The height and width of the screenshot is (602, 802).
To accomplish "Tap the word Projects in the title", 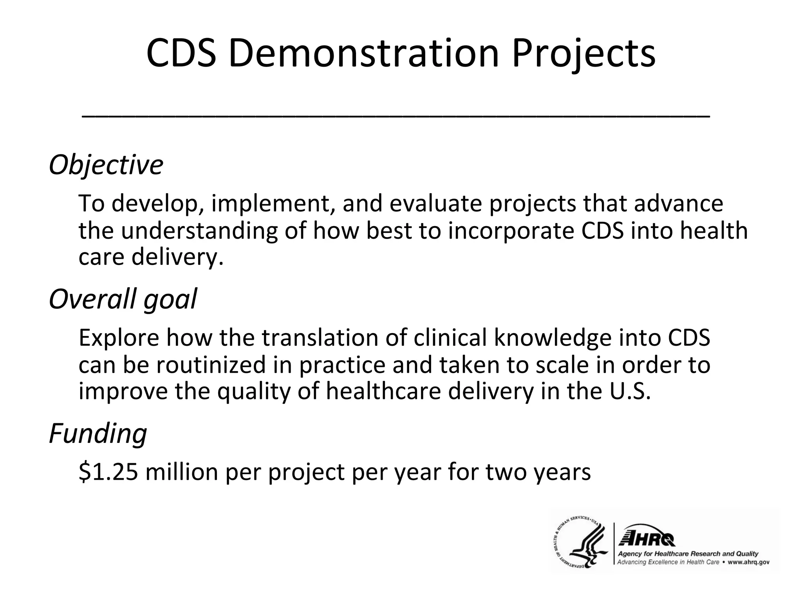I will pyautogui.click(x=583, y=53).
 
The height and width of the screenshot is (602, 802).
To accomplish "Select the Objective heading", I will pyautogui.click(x=106, y=165).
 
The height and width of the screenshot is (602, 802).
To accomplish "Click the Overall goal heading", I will pyautogui.click(x=123, y=299).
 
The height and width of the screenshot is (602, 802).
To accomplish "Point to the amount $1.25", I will pyautogui.click(x=108, y=472).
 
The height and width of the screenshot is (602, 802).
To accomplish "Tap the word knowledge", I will pyautogui.click(x=553, y=338).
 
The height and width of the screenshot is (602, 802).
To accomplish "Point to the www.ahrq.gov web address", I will pyautogui.click(x=748, y=562).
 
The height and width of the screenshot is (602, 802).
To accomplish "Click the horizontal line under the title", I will pyautogui.click(x=396, y=116).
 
